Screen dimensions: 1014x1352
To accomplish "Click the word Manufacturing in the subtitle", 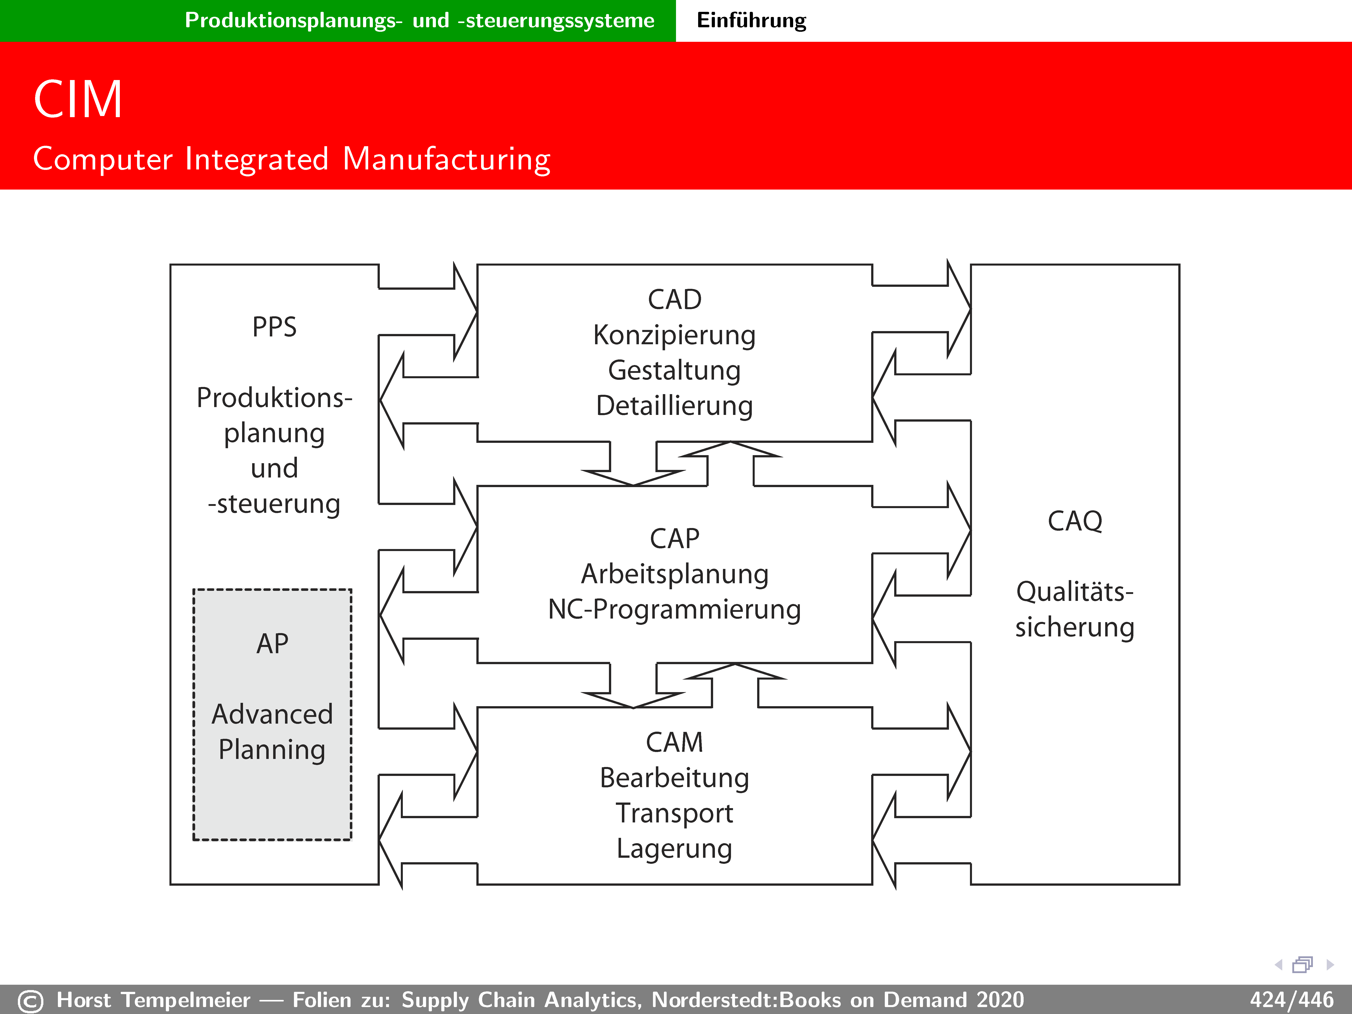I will tap(446, 160).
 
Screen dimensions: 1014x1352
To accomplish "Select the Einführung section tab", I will tap(751, 20).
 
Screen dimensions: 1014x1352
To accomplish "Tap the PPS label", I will tap(275, 327).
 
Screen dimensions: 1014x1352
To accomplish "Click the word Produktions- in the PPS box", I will tap(275, 398).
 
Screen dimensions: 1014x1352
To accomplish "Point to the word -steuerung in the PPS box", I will tap(275, 504).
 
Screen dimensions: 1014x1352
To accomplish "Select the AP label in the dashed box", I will tap(272, 644).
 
